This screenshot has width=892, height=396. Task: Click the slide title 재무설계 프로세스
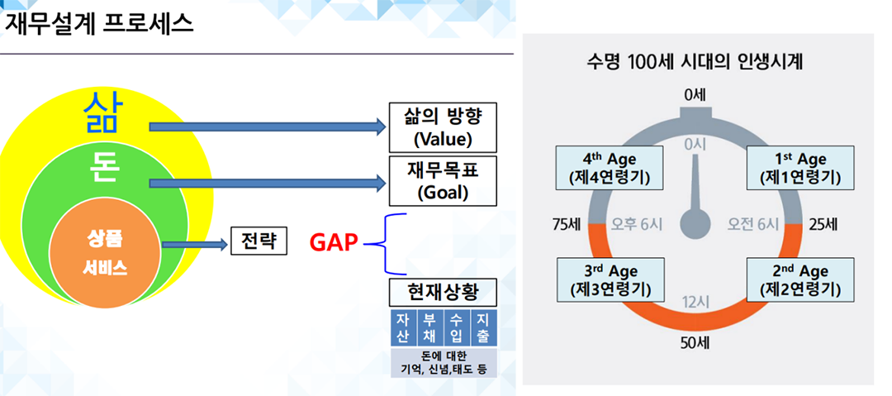[99, 22]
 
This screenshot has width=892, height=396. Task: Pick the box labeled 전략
[259, 241]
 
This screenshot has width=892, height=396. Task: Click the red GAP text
[334, 243]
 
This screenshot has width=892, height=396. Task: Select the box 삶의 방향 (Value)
[442, 126]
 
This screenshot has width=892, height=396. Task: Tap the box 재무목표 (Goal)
[442, 181]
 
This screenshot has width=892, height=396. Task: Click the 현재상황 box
[442, 293]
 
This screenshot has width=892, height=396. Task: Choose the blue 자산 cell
[402, 329]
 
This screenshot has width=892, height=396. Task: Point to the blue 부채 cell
[429, 329]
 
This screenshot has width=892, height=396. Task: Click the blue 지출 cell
[482, 329]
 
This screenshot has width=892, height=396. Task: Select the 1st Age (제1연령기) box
[800, 168]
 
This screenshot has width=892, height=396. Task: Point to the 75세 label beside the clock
[569, 224]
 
